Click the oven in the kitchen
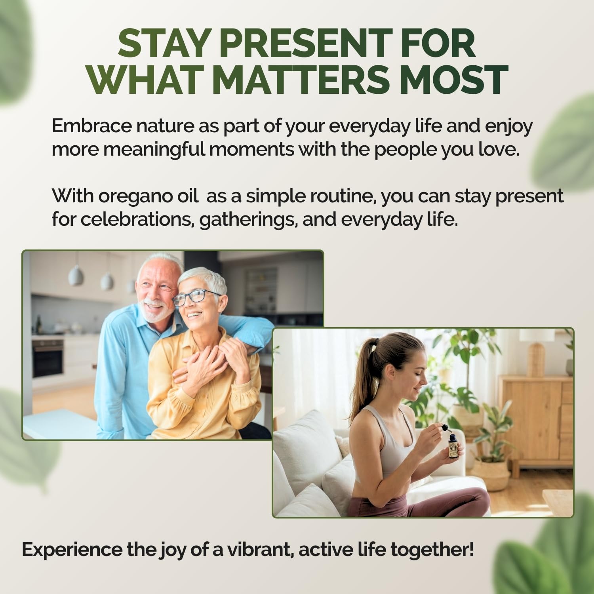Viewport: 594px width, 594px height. [x=48, y=358]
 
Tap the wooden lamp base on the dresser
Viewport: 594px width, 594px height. [x=537, y=358]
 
